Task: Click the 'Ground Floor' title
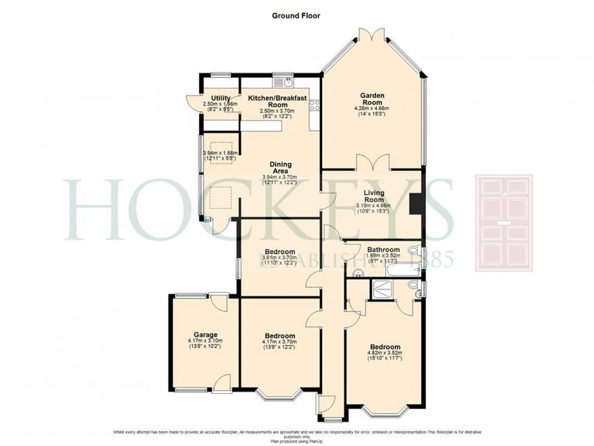pyautogui.click(x=295, y=16)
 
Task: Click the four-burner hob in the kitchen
pyautogui.click(x=315, y=105)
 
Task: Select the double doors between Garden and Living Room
pyautogui.click(x=373, y=163)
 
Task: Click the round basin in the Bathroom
pyautogui.click(x=356, y=274)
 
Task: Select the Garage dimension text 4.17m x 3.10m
pyautogui.click(x=205, y=341)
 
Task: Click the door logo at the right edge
pyautogui.click(x=503, y=223)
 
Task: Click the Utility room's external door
pyautogui.click(x=192, y=102)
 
